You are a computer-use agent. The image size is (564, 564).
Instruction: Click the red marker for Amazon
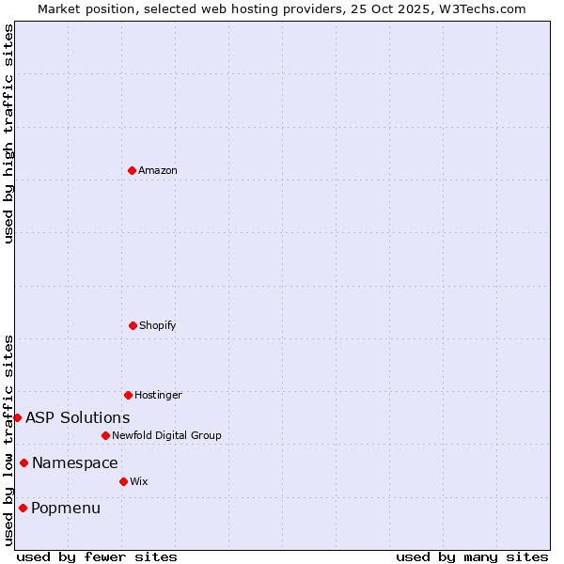(x=133, y=170)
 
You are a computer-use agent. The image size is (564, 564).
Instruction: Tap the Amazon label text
(x=158, y=170)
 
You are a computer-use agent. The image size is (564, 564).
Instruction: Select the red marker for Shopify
(x=133, y=325)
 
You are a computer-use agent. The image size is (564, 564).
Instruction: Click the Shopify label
(x=158, y=325)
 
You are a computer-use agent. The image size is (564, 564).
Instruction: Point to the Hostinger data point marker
(x=128, y=395)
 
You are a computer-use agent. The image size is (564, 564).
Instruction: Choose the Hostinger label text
(x=158, y=395)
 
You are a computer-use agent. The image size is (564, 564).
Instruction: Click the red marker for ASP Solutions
(x=17, y=417)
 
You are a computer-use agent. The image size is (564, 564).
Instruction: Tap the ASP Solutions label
(x=78, y=417)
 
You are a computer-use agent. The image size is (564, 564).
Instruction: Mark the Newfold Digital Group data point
(x=105, y=435)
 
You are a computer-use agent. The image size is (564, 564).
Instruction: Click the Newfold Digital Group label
(x=166, y=435)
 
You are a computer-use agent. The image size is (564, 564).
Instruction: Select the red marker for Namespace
(x=23, y=462)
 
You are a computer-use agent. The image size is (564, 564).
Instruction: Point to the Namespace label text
(x=75, y=462)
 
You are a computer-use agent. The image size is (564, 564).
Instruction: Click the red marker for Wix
(x=123, y=481)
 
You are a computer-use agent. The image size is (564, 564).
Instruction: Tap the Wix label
(x=139, y=481)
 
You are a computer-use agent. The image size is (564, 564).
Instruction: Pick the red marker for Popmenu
(x=23, y=508)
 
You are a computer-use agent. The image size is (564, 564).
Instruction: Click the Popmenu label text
(x=66, y=509)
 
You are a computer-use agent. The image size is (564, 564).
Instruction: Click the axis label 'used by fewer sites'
(x=97, y=556)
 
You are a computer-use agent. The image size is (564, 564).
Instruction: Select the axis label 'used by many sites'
(x=472, y=556)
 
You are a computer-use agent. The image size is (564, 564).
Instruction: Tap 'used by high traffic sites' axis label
(x=8, y=133)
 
